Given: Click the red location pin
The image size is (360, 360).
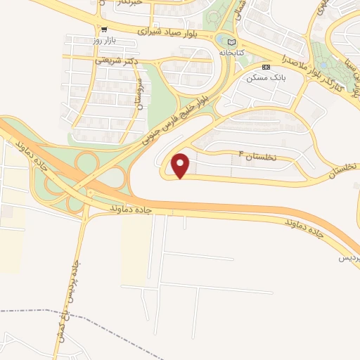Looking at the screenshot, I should coord(181,165).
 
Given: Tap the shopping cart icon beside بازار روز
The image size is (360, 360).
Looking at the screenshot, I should coord(104,30).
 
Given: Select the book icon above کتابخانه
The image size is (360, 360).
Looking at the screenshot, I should coord(232,42).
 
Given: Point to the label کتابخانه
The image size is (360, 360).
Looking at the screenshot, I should coord(233,52).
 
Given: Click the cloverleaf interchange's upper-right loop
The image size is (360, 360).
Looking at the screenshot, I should coord(88,163).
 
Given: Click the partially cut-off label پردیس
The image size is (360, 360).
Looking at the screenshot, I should coord(349,259).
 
